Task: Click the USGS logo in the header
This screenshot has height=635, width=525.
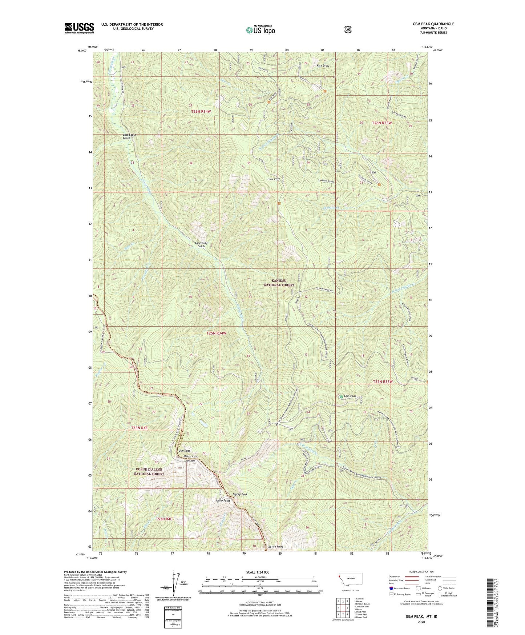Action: click(x=79, y=28)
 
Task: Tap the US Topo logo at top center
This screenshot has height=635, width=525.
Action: click(x=260, y=30)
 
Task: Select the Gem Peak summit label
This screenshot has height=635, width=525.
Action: click(x=350, y=396)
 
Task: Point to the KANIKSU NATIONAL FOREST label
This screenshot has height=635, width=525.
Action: click(x=279, y=283)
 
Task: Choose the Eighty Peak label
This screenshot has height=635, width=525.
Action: click(x=240, y=494)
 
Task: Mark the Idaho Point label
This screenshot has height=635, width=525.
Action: click(x=223, y=501)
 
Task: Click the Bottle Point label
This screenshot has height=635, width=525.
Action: click(x=275, y=547)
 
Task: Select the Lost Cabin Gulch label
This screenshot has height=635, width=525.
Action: click(x=129, y=136)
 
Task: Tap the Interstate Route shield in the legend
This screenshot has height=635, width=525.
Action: click(x=391, y=588)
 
